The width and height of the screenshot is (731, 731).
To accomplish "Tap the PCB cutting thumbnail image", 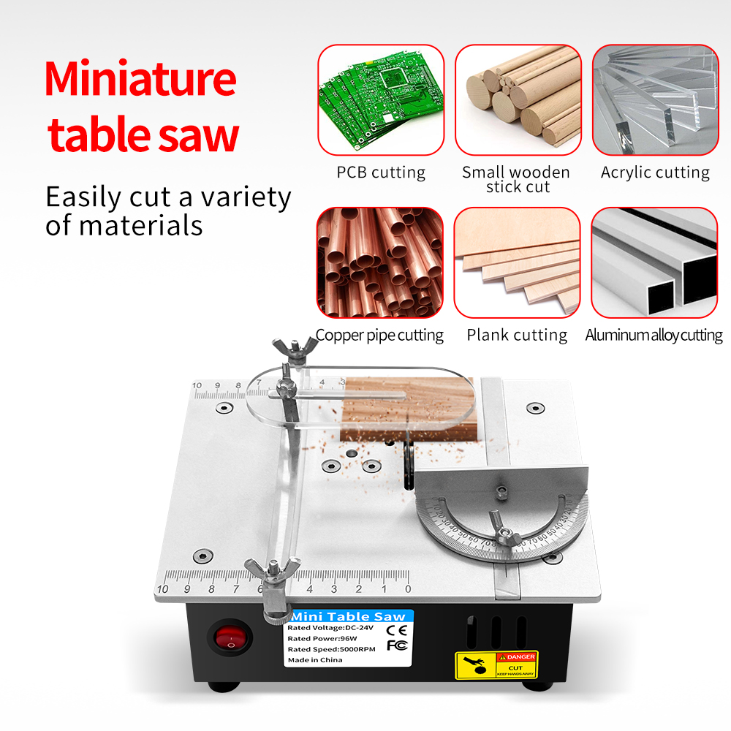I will click(x=380, y=100).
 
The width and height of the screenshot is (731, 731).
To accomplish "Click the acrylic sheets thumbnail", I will click(x=655, y=100).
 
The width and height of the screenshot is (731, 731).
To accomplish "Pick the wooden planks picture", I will click(x=517, y=262).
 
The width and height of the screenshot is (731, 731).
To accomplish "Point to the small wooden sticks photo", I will click(x=518, y=100).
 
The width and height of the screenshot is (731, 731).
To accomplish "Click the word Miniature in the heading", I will click(x=140, y=80).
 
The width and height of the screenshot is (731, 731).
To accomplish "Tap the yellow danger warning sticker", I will click(x=496, y=663).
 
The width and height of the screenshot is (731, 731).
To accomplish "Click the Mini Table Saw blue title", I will click(x=349, y=617).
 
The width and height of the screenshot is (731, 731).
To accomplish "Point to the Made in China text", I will click(x=316, y=660).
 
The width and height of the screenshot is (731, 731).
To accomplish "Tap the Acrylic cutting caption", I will click(x=655, y=173).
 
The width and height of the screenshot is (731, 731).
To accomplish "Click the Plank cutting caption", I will click(x=517, y=335).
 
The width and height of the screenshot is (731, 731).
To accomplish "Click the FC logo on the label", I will click(x=395, y=645).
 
